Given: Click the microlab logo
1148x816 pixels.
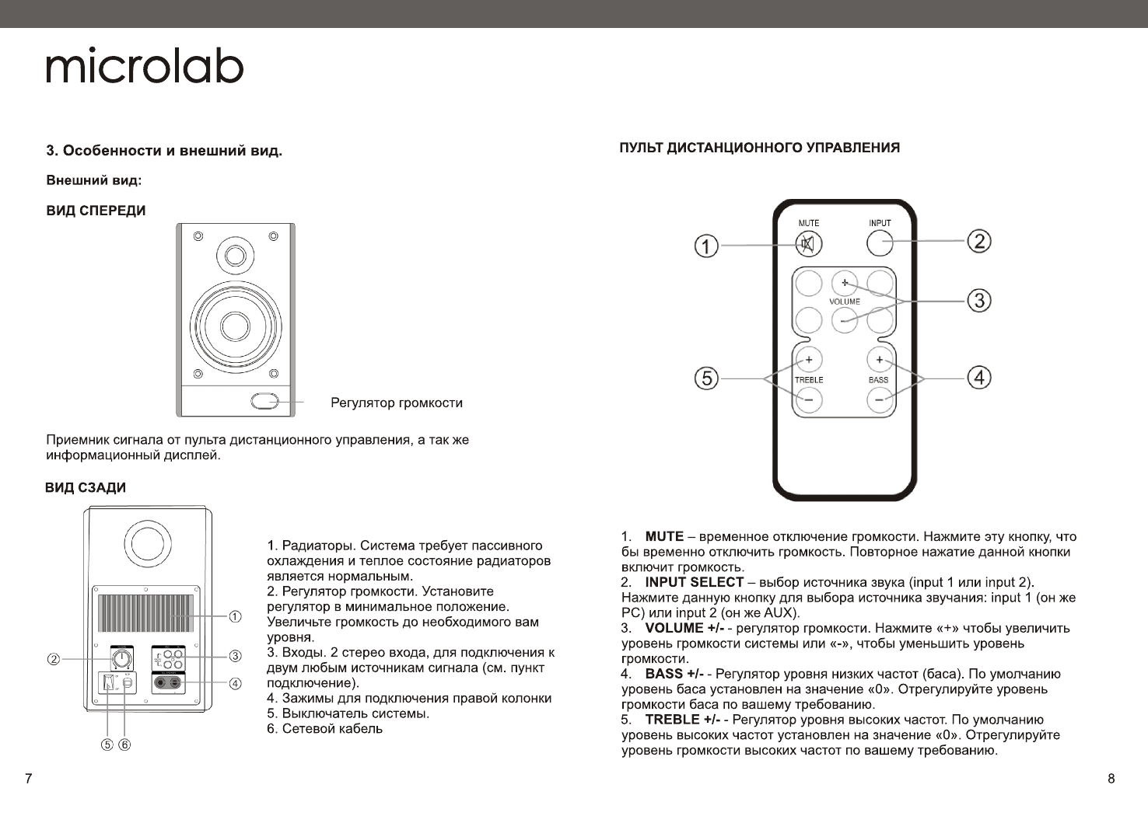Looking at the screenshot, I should [x=145, y=67].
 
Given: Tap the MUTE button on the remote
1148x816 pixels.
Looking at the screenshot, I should [x=809, y=244].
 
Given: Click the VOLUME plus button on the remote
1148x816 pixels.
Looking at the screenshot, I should [x=844, y=283].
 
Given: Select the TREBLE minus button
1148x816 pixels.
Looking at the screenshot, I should [x=809, y=400].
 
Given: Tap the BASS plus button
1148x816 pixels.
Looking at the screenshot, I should [x=879, y=360].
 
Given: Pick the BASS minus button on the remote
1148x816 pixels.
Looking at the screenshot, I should [x=879, y=400].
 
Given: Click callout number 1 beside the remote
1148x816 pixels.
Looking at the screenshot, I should [x=706, y=247].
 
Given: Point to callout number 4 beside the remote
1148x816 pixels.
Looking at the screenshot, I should [x=978, y=378].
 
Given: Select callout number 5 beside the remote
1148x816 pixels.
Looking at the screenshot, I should [x=706, y=378].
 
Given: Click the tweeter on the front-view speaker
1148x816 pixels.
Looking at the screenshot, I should [x=235, y=255].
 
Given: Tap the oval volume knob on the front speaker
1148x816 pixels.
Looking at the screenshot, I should [x=265, y=401].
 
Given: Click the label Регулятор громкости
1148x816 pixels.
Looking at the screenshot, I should [x=397, y=403].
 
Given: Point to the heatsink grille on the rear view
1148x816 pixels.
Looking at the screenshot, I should [x=146, y=614].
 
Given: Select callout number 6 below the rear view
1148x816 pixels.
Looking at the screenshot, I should [x=124, y=745].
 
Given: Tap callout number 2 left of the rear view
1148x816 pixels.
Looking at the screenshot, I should [x=54, y=660].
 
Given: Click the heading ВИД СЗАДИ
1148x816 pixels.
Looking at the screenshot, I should [x=86, y=488].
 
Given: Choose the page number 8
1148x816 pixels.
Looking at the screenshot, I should [x=1111, y=779].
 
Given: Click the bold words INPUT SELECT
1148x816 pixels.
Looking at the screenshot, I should [x=695, y=582].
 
